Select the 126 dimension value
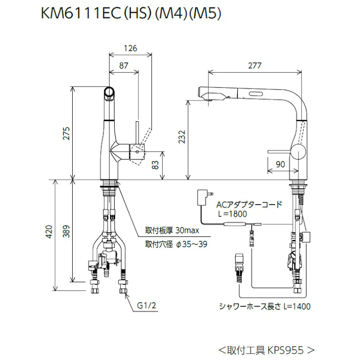click(x=130, y=48)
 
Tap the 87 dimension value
click(x=124, y=65)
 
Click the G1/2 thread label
click(x=146, y=305)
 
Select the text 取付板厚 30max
click(x=173, y=231)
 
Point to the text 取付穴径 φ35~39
click(x=176, y=244)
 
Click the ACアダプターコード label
click(x=248, y=205)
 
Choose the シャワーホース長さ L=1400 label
click(x=264, y=306)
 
